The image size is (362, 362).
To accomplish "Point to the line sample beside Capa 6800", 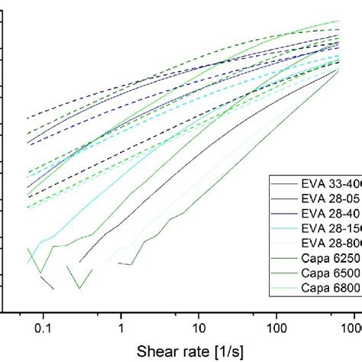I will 285,291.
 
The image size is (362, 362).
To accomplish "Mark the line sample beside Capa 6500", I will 285,276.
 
